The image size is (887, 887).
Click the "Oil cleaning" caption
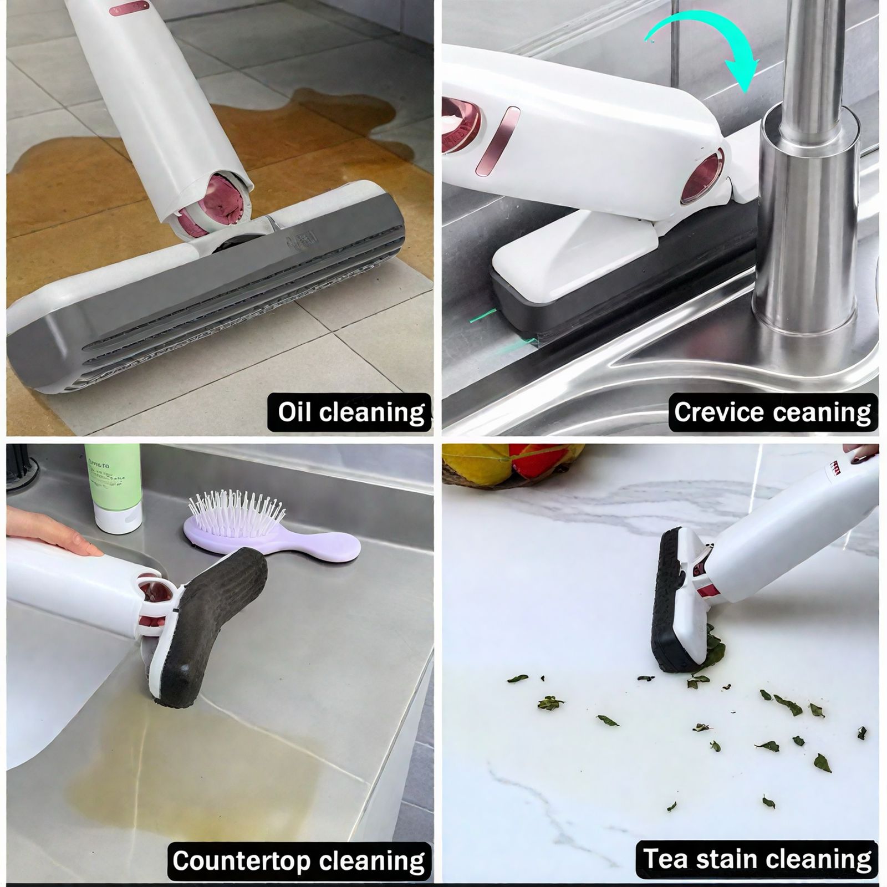pyautogui.click(x=350, y=412)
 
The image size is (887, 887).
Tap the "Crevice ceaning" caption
pyautogui.click(x=773, y=412)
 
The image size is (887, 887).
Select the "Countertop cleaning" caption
pyautogui.click(x=299, y=861)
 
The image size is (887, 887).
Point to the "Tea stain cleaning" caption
pyautogui.click(x=757, y=859)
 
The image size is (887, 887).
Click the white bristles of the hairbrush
pyautogui.click(x=236, y=510)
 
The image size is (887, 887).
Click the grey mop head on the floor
pyautogui.click(x=222, y=310)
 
